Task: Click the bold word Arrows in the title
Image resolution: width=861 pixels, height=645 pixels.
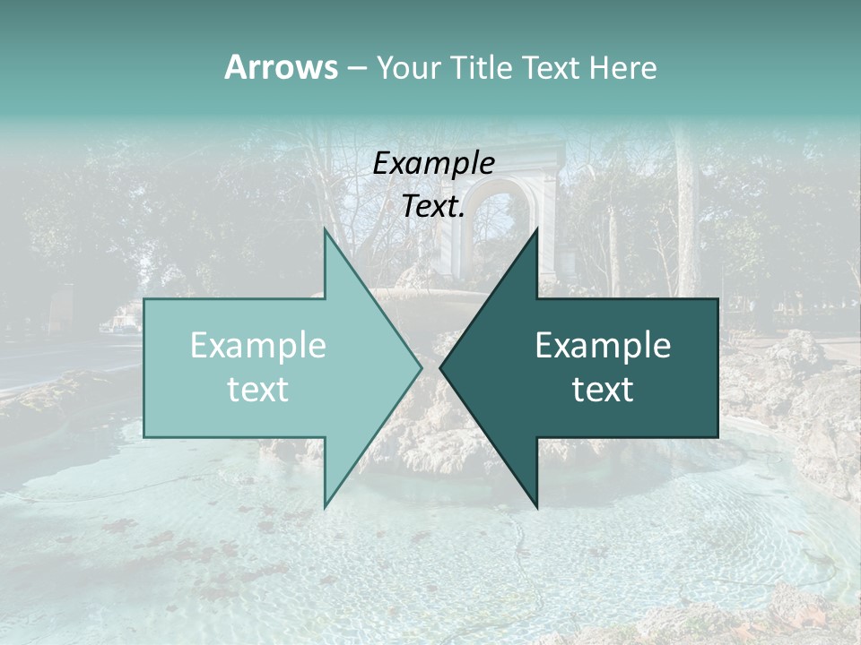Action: pyautogui.click(x=281, y=67)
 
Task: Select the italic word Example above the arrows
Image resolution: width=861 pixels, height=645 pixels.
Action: pyautogui.click(x=433, y=163)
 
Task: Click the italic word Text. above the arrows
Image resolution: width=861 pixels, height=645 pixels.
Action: pyautogui.click(x=433, y=206)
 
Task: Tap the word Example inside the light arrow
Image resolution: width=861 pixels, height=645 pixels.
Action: pyautogui.click(x=258, y=345)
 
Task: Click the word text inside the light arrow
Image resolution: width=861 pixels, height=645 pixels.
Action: pyautogui.click(x=258, y=390)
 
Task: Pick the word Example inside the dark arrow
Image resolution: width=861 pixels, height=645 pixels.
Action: pyautogui.click(x=603, y=345)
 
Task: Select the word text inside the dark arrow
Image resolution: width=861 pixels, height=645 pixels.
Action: pyautogui.click(x=603, y=390)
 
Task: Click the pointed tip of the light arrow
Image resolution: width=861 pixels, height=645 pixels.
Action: pyautogui.click(x=421, y=367)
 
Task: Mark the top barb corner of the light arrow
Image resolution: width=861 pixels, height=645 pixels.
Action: pyautogui.click(x=325, y=230)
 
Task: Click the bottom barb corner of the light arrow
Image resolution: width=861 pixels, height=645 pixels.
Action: pyautogui.click(x=325, y=506)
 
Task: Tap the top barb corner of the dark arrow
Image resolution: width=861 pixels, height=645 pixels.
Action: pyautogui.click(x=537, y=230)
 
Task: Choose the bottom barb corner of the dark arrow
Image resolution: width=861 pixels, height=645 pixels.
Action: pyautogui.click(x=537, y=506)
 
